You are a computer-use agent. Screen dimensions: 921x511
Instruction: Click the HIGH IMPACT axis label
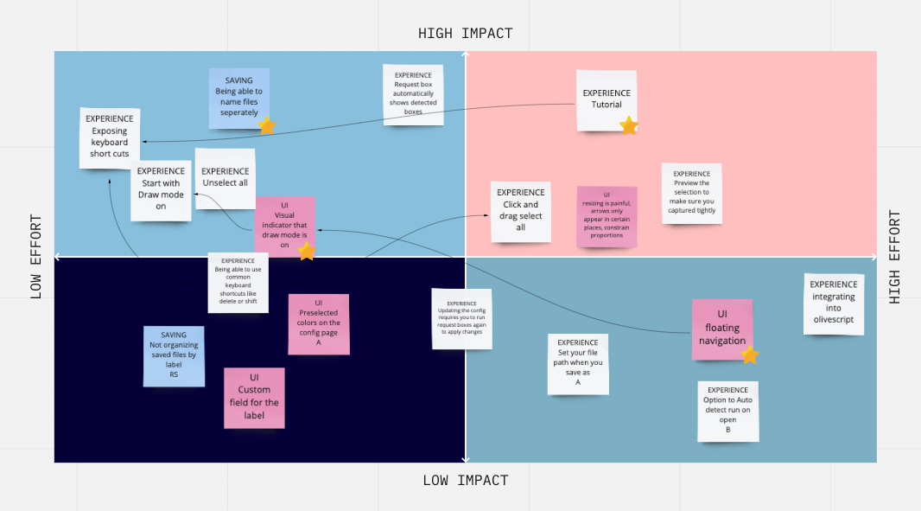point(465,34)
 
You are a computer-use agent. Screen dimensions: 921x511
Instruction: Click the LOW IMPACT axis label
point(465,481)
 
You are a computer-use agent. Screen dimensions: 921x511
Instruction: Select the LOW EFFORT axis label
point(36,257)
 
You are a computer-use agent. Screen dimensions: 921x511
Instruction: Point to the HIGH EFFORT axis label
point(895,257)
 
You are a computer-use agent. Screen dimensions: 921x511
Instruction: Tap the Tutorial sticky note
point(606,99)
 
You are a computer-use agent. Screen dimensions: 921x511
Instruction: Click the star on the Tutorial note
point(629,126)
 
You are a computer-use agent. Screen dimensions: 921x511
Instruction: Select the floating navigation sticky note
point(721,328)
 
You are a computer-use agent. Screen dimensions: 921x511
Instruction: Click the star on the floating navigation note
point(750,355)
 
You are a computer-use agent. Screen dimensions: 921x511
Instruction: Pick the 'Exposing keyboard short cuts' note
point(110,137)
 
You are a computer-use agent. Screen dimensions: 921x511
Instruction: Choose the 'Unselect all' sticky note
point(225,178)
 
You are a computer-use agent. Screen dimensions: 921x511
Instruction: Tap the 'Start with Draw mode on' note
point(161,189)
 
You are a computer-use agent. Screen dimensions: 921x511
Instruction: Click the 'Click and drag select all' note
point(520,211)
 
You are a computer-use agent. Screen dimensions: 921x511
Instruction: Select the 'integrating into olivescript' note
point(834,303)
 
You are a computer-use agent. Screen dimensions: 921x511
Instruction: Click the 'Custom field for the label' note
point(254,397)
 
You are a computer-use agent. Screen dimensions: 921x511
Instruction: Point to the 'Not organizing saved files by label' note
point(174,355)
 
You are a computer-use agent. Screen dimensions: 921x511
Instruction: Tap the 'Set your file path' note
point(578,363)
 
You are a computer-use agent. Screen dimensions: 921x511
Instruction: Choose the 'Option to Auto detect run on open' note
point(727,411)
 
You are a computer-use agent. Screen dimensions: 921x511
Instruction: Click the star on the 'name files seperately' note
point(267,126)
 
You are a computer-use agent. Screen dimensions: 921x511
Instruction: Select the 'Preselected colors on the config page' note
point(318,323)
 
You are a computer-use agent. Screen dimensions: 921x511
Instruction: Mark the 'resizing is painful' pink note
point(607,216)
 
